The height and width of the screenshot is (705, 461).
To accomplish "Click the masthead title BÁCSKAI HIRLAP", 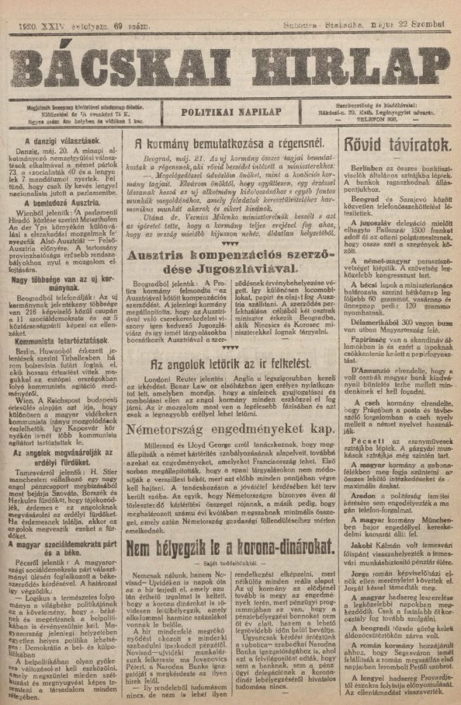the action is click(x=230, y=57).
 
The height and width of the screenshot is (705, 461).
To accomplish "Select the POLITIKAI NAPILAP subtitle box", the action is click(x=231, y=111).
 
